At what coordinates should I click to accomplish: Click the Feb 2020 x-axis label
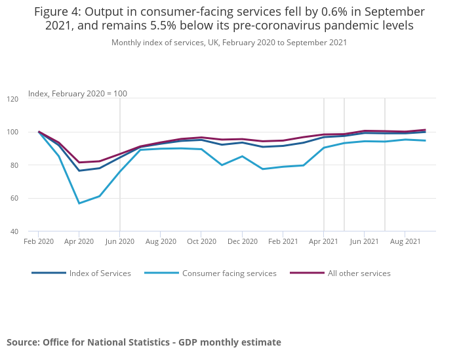coord(38,241)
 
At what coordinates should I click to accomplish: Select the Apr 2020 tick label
coord(79,241)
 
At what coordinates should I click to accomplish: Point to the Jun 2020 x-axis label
coord(119,241)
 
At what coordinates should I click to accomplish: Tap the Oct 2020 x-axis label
coord(201,241)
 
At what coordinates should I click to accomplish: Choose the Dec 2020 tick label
coord(242,241)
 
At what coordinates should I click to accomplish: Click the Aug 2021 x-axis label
coord(405,241)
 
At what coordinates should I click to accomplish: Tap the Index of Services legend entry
coord(100,273)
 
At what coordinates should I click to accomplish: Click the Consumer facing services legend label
coord(229,273)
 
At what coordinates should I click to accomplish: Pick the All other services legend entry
coord(359,273)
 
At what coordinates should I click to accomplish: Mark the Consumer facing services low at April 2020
coord(79,203)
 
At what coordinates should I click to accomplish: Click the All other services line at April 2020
coord(79,163)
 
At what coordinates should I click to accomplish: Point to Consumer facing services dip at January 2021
coord(262,169)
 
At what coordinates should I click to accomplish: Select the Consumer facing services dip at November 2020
coord(222,165)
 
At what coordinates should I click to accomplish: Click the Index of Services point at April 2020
coord(79,170)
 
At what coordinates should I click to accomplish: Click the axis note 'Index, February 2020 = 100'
coord(77,94)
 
